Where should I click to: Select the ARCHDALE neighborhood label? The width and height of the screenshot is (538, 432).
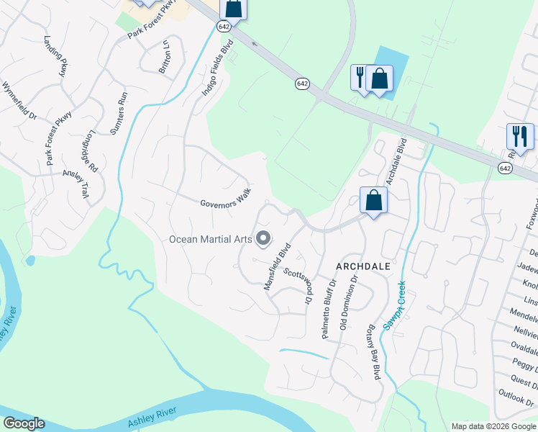(x=363, y=266)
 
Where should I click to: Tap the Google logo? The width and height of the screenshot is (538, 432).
(x=24, y=423)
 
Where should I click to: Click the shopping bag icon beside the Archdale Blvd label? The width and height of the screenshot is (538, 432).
(x=373, y=201)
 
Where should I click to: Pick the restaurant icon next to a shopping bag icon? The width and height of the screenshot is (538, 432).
(x=359, y=77)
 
